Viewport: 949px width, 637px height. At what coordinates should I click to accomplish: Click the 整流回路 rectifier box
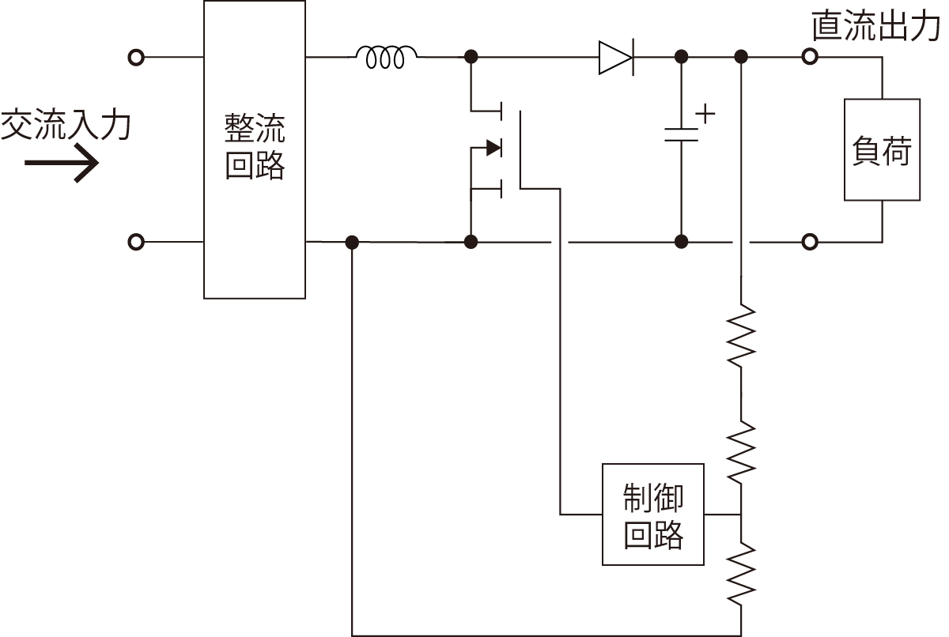click(255, 149)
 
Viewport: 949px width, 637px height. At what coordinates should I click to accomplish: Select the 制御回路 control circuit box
click(653, 514)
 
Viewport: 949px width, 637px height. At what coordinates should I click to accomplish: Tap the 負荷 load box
click(882, 149)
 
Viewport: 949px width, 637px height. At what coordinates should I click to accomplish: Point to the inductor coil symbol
click(387, 57)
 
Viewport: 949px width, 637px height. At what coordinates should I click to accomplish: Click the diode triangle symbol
click(615, 57)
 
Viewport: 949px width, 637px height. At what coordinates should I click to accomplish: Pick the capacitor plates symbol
click(681, 134)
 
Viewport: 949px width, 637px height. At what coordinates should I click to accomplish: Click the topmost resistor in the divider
click(741, 336)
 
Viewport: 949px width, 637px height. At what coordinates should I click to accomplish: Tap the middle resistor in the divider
click(741, 451)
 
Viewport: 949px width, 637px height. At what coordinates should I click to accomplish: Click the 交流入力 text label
click(65, 126)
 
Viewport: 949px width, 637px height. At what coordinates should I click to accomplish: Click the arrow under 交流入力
click(62, 164)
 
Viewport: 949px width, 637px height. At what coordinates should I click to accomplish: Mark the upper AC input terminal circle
click(136, 57)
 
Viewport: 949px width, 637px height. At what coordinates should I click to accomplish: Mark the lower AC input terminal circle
click(136, 241)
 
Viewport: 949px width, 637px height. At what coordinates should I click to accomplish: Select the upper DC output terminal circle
click(809, 57)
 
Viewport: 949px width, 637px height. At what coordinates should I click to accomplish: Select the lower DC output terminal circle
click(809, 241)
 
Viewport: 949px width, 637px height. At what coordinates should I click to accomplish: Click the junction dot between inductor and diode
click(471, 57)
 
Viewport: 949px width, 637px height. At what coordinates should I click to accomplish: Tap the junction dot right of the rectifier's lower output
click(352, 241)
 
